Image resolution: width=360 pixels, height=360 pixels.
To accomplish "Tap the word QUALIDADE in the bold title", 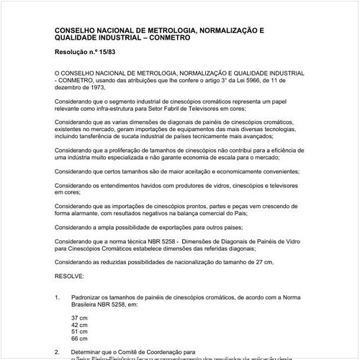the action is pos(80,37).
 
